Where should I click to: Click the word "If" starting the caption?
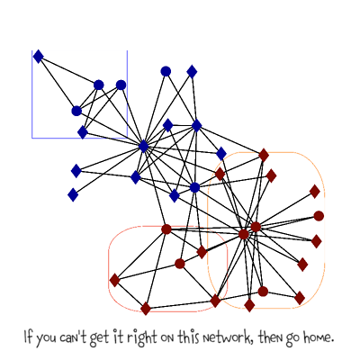[x=28, y=337]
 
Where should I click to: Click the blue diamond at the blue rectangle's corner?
[x=38, y=57]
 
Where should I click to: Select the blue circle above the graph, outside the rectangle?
[x=166, y=71]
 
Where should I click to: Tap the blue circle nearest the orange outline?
[x=194, y=188]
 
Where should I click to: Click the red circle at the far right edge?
[x=319, y=216]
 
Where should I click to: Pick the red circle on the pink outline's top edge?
[x=166, y=229]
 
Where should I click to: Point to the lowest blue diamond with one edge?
[x=73, y=195]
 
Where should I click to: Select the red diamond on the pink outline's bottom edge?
[x=146, y=309]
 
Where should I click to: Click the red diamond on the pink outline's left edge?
[x=114, y=280]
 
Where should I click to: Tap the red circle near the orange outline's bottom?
[x=263, y=292]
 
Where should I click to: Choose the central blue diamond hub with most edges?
[x=144, y=147]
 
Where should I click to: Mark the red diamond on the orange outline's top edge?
[x=264, y=155]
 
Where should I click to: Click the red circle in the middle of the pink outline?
[x=180, y=264]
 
